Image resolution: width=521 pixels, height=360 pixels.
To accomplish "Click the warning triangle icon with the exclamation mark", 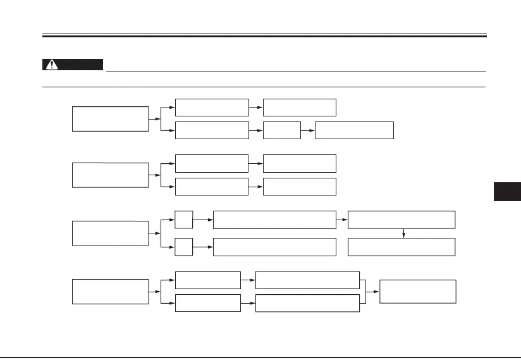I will click(x=51, y=65).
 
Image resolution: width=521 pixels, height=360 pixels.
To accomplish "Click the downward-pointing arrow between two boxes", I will click(x=403, y=233).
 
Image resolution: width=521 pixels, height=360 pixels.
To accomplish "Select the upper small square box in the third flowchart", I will click(x=184, y=220).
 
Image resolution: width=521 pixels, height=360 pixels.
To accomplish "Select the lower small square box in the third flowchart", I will click(x=184, y=247).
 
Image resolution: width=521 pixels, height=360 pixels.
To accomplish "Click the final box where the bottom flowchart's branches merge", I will click(x=417, y=291).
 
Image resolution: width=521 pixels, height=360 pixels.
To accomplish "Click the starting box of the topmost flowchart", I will click(x=111, y=119).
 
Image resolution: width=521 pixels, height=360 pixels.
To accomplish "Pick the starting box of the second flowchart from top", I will click(x=111, y=175).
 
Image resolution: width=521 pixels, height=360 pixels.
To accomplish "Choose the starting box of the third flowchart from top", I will click(x=111, y=233).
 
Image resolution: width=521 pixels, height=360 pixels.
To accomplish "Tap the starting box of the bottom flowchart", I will click(x=111, y=291).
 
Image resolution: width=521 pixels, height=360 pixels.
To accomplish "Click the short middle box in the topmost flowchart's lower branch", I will click(x=281, y=130).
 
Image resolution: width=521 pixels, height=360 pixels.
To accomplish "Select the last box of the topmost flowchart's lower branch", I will click(x=354, y=130).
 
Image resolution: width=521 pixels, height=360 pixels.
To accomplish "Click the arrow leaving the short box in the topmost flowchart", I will click(x=307, y=130).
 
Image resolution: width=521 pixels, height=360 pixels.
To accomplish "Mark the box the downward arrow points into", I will click(x=401, y=247).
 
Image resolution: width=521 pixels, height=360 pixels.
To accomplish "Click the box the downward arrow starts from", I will click(x=401, y=220).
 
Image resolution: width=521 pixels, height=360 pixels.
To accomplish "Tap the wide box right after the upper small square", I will click(x=274, y=220).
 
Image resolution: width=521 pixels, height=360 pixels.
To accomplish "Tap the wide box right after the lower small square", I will click(x=274, y=247).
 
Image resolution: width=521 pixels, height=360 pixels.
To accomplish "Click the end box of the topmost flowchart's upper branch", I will click(x=300, y=108).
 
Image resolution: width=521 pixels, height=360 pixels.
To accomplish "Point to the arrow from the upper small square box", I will click(x=203, y=220).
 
